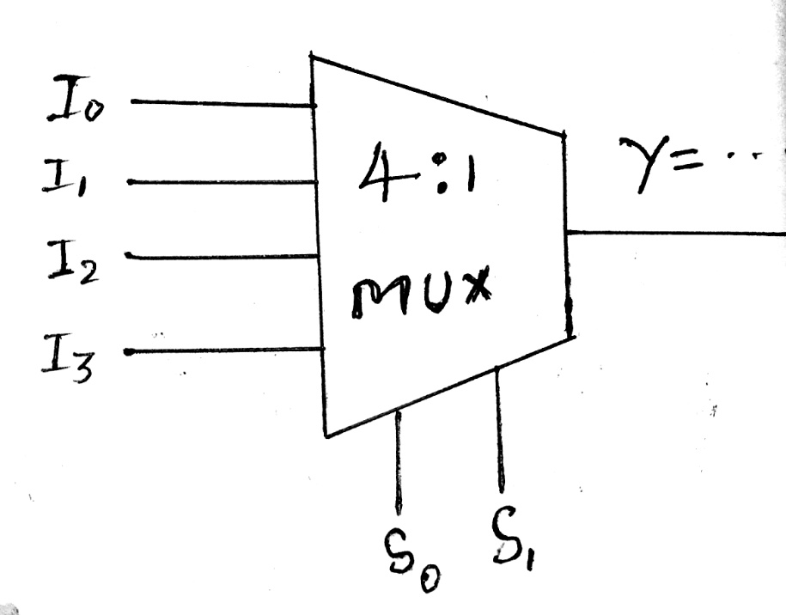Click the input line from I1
pyautogui.click(x=219, y=182)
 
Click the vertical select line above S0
pyautogui.click(x=397, y=460)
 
